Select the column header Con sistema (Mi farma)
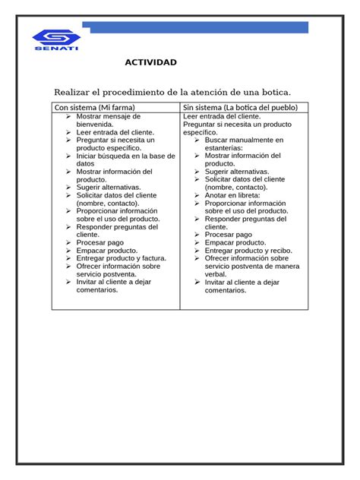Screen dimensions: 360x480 [x=94, y=108]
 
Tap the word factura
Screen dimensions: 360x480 [x=152, y=258]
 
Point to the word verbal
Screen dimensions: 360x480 [x=216, y=274]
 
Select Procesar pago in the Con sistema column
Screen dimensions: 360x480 [x=100, y=242]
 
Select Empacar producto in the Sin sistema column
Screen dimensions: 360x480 [x=235, y=242]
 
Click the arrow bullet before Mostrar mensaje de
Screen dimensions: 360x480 [x=68, y=117]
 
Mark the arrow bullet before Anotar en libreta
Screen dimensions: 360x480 [x=197, y=195]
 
